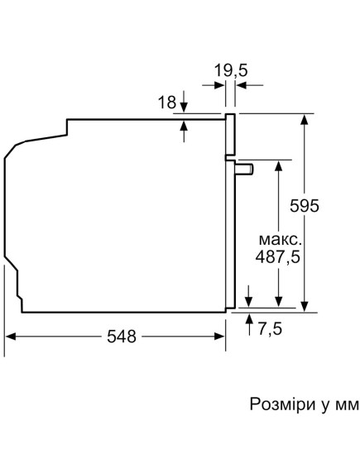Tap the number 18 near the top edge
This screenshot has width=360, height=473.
click(166, 103)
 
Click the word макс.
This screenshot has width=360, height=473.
click(278, 237)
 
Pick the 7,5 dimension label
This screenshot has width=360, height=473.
click(270, 329)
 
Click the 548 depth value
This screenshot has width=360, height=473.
click(121, 337)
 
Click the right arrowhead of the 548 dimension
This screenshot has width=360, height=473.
click(221, 337)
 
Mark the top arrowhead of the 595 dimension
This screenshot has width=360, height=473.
click(305, 118)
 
